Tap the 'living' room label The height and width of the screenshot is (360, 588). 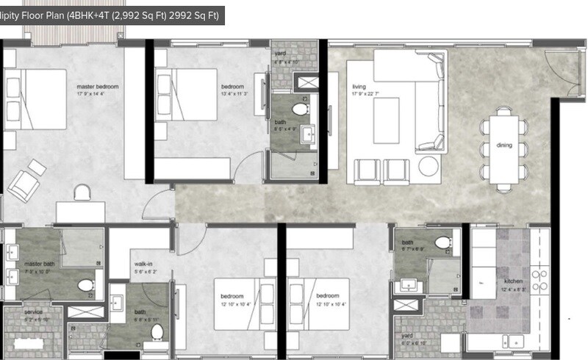pyautogui.click(x=359, y=87)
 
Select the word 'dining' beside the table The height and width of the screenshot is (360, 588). pyautogui.click(x=503, y=145)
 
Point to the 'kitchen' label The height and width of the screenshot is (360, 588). pyautogui.click(x=512, y=281)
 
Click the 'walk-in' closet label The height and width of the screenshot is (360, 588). pyautogui.click(x=143, y=263)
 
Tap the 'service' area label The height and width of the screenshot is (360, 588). pyautogui.click(x=32, y=312)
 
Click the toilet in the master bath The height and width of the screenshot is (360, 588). pyautogui.click(x=85, y=285)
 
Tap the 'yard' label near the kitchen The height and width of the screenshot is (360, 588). pyautogui.click(x=406, y=336)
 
